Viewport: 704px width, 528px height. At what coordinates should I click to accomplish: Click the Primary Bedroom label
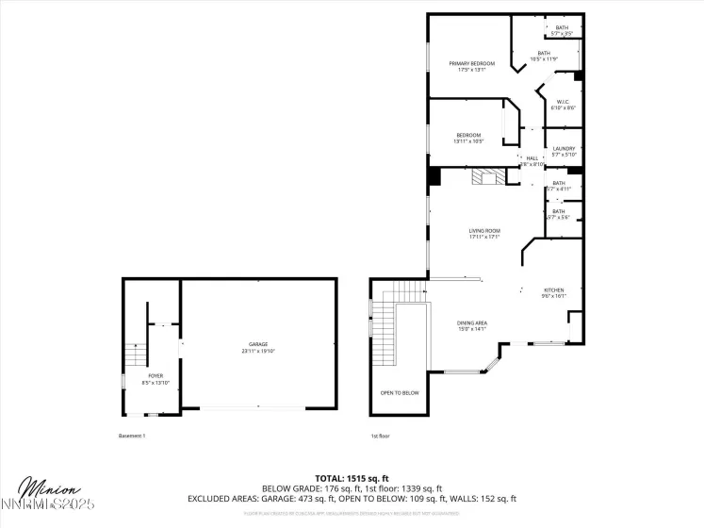471,63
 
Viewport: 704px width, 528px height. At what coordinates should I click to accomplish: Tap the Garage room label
258,344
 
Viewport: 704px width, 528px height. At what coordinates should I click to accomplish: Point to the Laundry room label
564,149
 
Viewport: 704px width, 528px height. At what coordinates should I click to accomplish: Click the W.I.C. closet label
562,102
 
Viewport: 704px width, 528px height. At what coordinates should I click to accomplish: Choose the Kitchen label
553,289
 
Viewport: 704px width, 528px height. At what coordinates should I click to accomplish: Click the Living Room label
484,230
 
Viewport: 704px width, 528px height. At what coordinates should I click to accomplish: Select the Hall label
532,157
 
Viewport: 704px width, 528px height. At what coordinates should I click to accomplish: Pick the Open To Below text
400,392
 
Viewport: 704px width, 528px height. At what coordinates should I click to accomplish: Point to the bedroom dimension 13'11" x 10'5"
468,141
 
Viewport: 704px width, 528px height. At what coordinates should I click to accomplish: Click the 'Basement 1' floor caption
132,436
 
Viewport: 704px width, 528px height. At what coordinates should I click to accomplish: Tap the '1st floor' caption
380,436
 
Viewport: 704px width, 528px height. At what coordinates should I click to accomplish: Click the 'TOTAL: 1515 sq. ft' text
352,479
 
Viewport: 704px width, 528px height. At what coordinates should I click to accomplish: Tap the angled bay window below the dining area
489,362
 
